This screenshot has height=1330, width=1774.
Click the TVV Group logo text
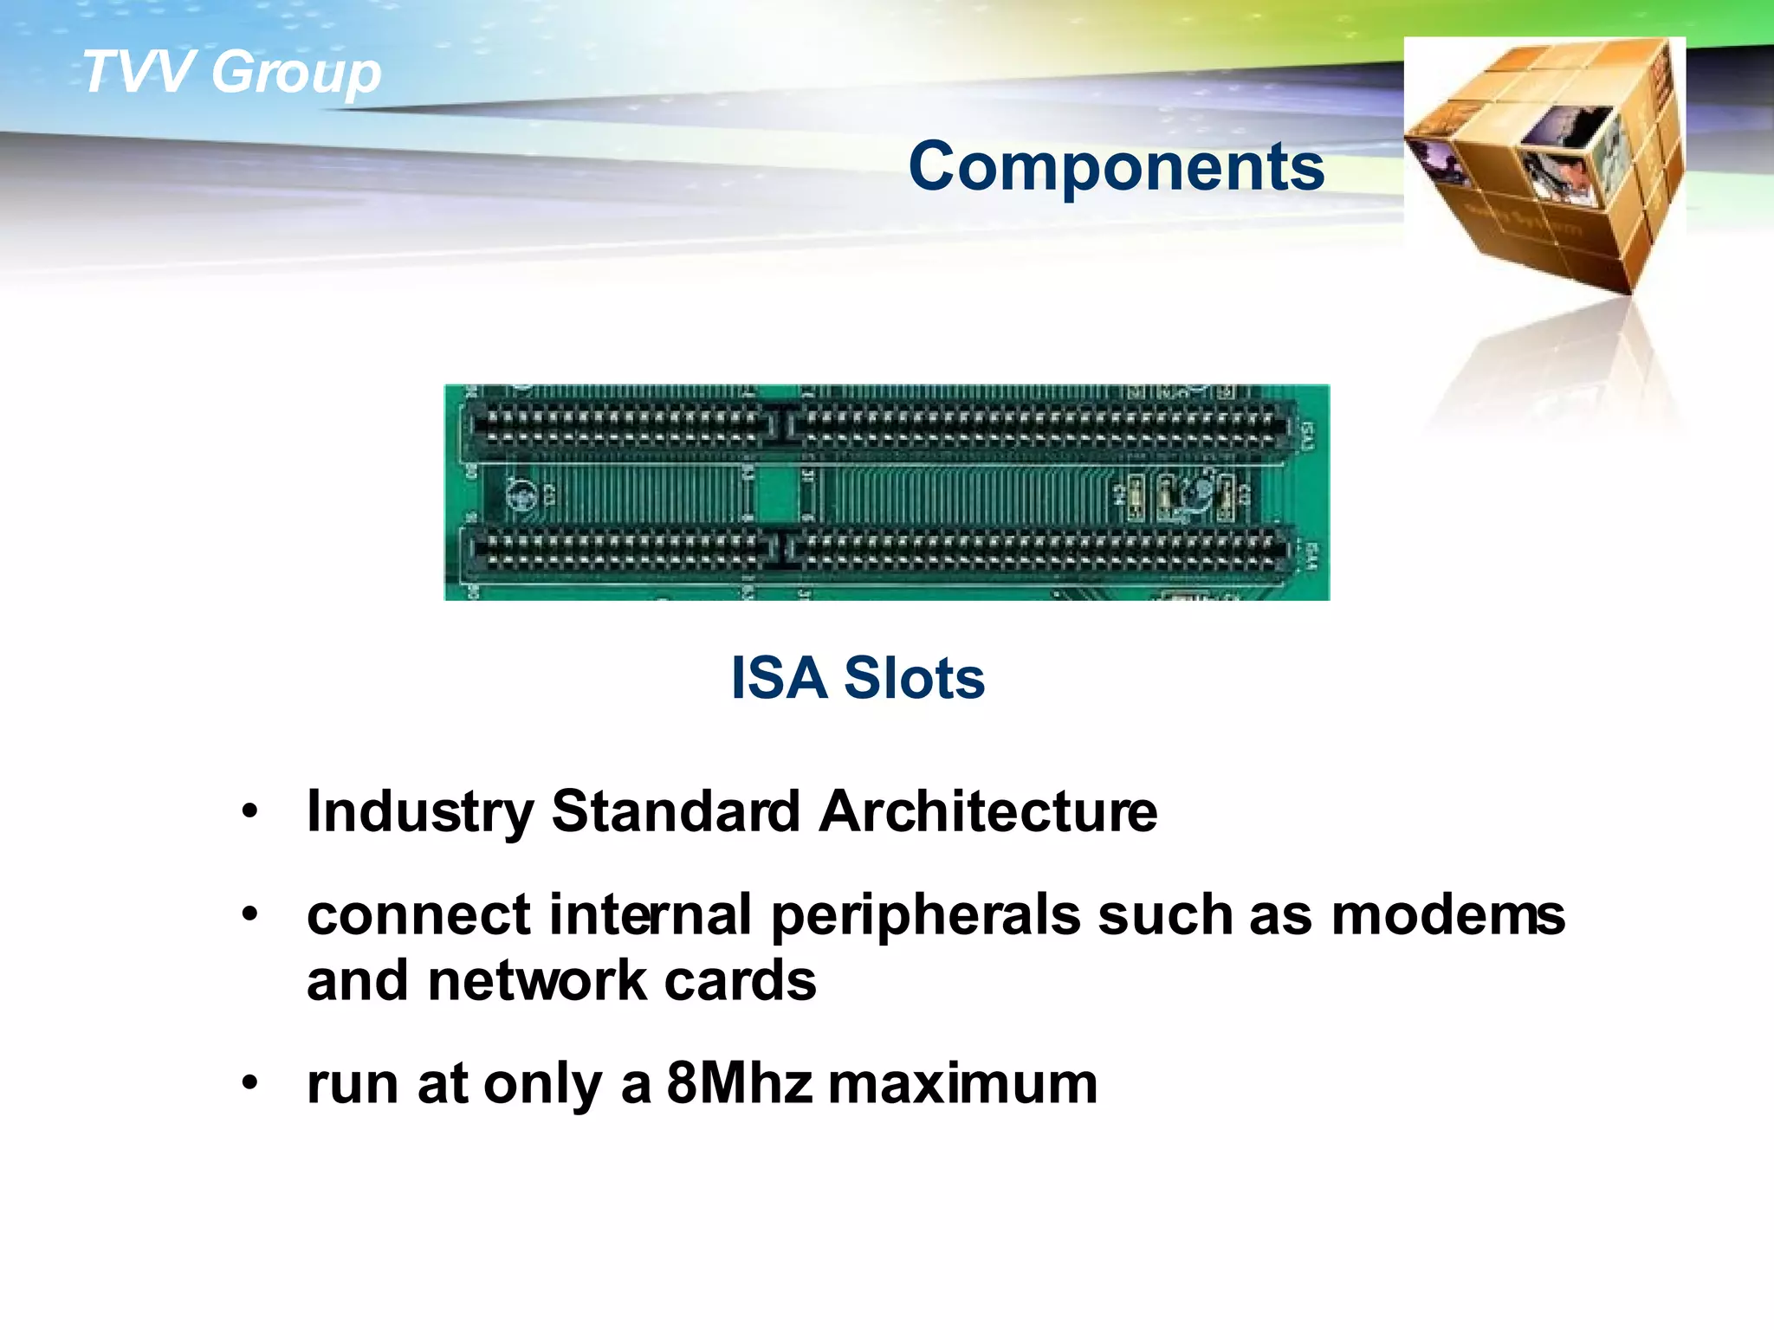230,71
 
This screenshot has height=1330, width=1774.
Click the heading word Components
1116,166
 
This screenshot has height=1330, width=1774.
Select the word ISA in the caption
779,677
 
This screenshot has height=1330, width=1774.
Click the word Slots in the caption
914,677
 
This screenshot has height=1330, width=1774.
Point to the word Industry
420,812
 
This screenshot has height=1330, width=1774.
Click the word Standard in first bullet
676,811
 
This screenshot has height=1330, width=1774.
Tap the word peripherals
925,916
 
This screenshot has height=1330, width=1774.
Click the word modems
1447,915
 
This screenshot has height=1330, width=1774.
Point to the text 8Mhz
739,1083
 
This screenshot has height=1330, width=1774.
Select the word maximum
962,1084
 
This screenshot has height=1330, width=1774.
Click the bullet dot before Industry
250,812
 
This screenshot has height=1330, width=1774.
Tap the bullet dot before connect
250,914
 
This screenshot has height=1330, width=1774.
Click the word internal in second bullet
650,915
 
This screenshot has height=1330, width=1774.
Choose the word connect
418,916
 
